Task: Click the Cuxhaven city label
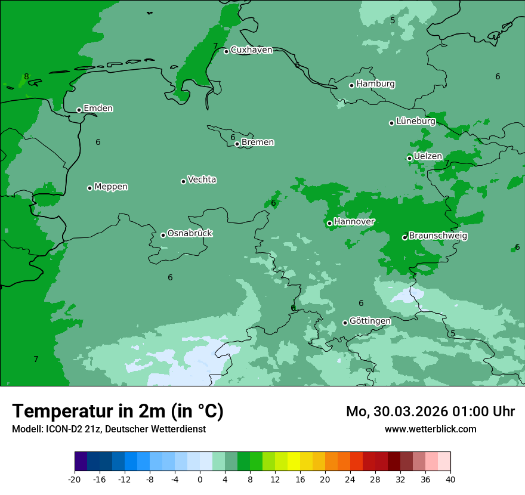[251, 50]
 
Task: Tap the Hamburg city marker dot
[351, 85]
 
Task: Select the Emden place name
[98, 109]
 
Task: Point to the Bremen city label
[258, 143]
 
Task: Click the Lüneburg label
[416, 122]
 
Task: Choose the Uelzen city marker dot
[409, 158]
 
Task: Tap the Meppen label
[111, 187]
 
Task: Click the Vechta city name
[202, 180]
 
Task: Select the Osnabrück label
[190, 233]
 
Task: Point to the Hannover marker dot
[329, 223]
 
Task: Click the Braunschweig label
[438, 236]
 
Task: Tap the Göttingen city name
[370, 321]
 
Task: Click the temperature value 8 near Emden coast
[26, 77]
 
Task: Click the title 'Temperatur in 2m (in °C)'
[118, 411]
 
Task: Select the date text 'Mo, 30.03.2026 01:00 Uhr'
[430, 412]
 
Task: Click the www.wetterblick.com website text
[430, 429]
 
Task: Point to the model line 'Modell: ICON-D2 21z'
[109, 429]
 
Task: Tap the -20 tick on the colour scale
[75, 479]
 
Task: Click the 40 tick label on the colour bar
[450, 479]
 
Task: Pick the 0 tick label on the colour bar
[200, 479]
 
